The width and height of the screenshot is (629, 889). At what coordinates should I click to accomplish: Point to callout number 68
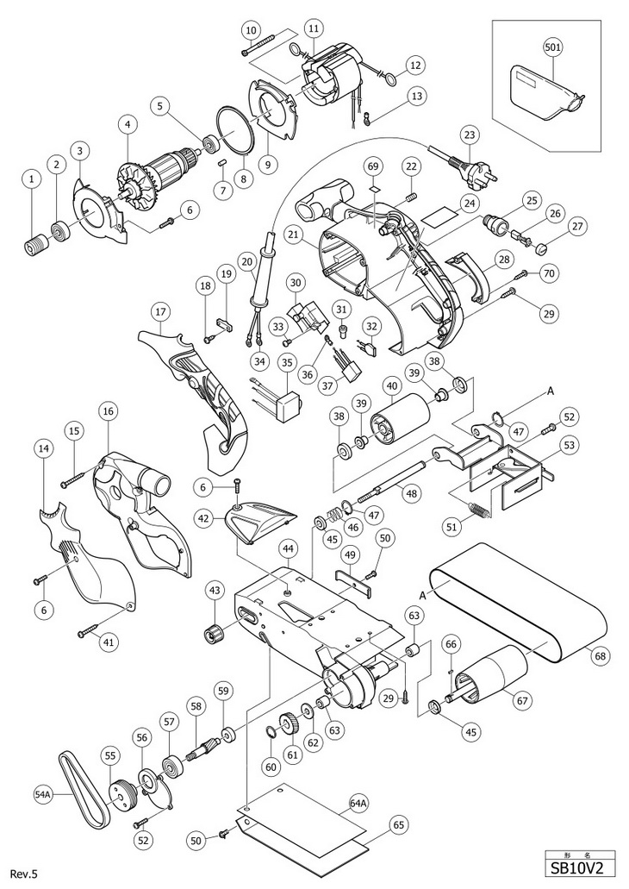[599, 654]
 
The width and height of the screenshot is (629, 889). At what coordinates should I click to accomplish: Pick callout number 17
[159, 310]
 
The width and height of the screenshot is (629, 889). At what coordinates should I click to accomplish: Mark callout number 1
[32, 178]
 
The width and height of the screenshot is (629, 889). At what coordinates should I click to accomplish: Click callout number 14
[43, 448]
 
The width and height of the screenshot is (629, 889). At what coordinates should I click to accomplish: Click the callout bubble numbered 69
[372, 164]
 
